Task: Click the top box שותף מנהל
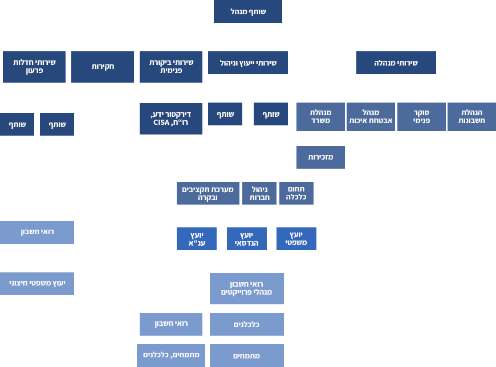click(x=247, y=12)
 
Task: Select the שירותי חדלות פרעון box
click(x=34, y=67)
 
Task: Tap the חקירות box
click(x=103, y=67)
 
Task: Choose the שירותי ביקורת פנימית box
click(x=171, y=67)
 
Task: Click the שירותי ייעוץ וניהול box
click(x=248, y=63)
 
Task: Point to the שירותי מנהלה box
click(x=396, y=63)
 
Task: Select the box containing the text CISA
click(x=171, y=119)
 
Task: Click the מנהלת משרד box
click(x=320, y=117)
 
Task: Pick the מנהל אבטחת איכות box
click(x=371, y=117)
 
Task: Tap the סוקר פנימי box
click(x=421, y=117)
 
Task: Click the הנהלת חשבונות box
click(x=471, y=117)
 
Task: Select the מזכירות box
click(x=320, y=157)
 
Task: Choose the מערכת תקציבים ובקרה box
click(x=208, y=193)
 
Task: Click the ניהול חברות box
click(x=259, y=193)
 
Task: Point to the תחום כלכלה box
click(x=296, y=193)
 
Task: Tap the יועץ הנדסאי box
click(x=247, y=239)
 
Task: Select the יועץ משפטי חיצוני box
click(x=37, y=284)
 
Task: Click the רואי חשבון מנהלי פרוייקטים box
click(x=247, y=288)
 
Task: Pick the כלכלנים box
click(x=247, y=324)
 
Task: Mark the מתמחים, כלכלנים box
click(x=171, y=355)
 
